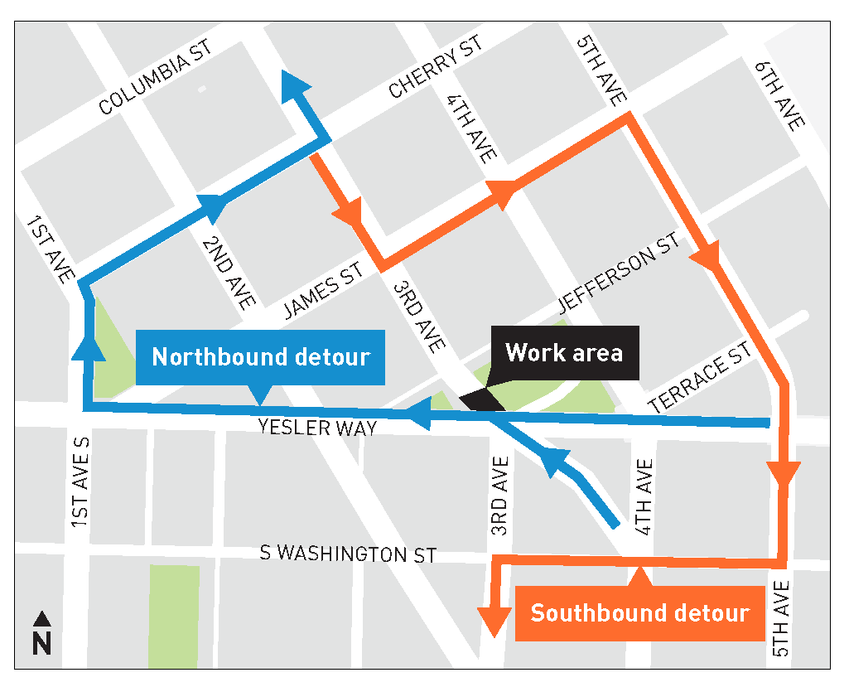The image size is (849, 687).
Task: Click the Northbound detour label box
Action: [x=260, y=357]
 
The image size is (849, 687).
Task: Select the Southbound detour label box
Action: [x=639, y=614]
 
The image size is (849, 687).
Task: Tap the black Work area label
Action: [x=564, y=353]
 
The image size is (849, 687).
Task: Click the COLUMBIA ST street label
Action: [x=156, y=78]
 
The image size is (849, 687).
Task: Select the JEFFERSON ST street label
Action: [x=619, y=270]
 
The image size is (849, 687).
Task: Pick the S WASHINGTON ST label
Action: [x=348, y=554]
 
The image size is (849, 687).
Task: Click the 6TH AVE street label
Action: [x=779, y=94]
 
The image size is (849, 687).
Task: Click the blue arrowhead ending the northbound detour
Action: [x=296, y=84]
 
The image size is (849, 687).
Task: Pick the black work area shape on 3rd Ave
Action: [x=482, y=399]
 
